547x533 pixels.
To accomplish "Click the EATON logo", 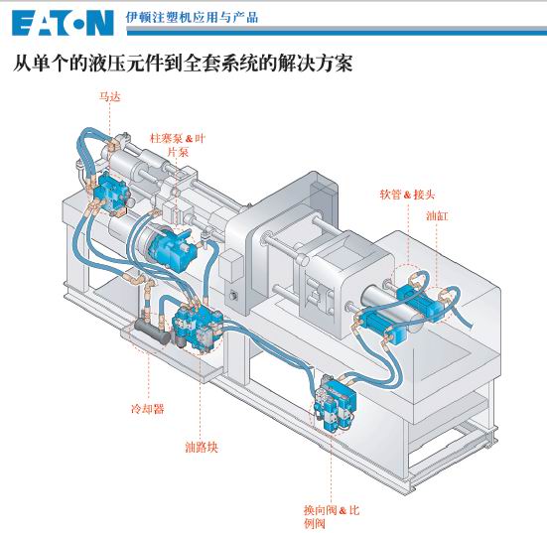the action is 63,23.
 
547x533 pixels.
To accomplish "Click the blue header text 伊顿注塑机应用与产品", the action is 192,17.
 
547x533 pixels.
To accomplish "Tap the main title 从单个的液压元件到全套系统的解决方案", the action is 183,63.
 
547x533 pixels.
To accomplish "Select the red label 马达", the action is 110,96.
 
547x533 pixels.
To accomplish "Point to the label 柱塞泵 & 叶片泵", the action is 178,145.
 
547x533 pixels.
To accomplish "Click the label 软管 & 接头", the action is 407,195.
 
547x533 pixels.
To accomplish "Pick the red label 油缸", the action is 437,216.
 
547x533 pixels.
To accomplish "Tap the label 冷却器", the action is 148,409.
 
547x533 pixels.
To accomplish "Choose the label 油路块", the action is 202,447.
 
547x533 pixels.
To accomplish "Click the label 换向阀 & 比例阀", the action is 332,517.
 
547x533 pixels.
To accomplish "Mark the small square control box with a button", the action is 231,266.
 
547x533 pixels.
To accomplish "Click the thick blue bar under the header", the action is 337,33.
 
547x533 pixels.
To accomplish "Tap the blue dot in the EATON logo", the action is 78,25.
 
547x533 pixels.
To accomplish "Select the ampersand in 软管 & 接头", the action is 407,195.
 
